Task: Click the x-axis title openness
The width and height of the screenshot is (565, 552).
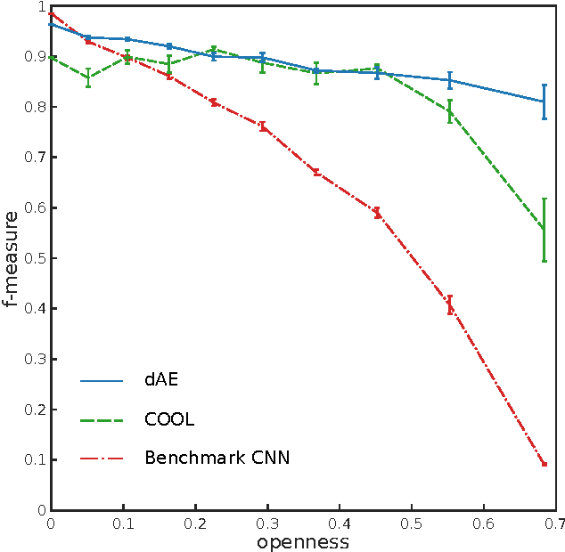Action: coord(302,541)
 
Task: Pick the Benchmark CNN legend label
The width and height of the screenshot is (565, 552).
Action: coord(217,459)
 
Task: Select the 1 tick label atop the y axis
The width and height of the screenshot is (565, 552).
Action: coord(41,7)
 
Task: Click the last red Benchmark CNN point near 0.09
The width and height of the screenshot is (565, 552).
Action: coord(544,465)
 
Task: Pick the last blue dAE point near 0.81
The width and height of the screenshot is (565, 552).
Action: coord(544,101)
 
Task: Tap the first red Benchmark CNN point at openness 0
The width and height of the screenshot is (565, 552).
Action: coord(52,13)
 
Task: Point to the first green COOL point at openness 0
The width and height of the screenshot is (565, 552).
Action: coord(52,58)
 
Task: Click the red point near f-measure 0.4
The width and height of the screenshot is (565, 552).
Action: coord(450,305)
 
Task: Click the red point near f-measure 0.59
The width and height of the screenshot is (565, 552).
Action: coord(377,213)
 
